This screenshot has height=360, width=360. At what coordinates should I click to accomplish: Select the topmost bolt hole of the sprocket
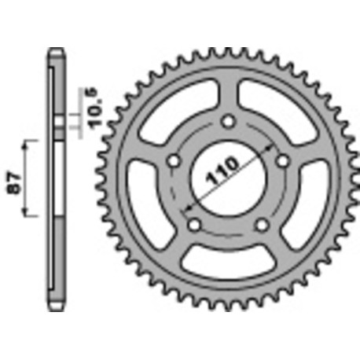click(228, 121)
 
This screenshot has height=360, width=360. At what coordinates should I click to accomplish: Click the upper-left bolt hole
click(174, 161)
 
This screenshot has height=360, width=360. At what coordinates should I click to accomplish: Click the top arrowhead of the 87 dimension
click(31, 144)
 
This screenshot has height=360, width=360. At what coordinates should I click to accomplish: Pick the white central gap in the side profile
click(55, 180)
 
